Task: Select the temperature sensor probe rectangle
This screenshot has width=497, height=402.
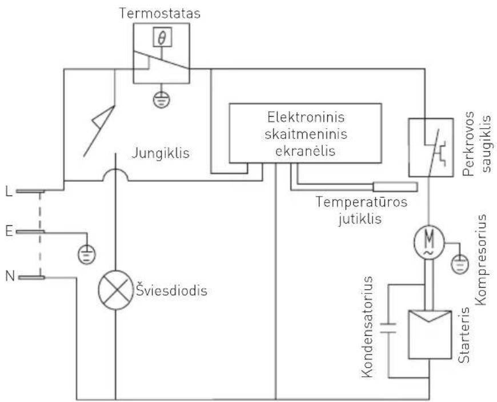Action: [x=395, y=186]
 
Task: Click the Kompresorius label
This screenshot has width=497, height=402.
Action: [x=480, y=260]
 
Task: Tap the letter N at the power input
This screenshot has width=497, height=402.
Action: [x=9, y=277]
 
